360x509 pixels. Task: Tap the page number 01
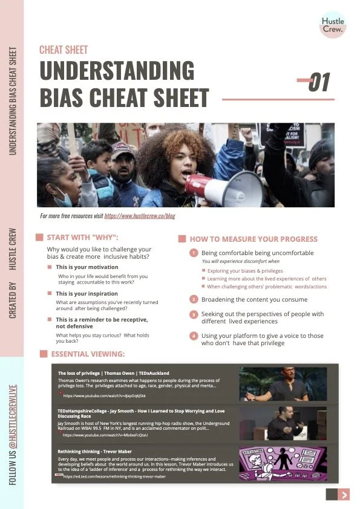click(x=319, y=83)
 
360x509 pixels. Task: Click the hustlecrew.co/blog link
click(x=140, y=215)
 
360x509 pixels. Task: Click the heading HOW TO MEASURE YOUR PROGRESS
click(x=249, y=239)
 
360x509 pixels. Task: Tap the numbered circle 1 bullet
click(x=194, y=253)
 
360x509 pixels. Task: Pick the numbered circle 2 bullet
click(x=194, y=299)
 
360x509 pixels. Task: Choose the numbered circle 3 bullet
click(x=194, y=314)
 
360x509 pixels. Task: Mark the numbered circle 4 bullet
click(x=194, y=336)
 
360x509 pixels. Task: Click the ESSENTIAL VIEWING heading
click(x=88, y=354)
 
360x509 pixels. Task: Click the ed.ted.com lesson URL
click(x=114, y=476)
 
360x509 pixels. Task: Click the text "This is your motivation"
click(x=87, y=267)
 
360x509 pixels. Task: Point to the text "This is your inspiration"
click(x=87, y=293)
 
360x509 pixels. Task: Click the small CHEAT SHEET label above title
click(x=64, y=50)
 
